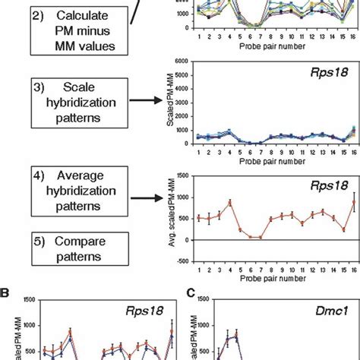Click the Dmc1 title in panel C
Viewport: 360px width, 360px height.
[x=327, y=309]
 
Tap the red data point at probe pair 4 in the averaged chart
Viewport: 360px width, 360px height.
[x=229, y=202]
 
